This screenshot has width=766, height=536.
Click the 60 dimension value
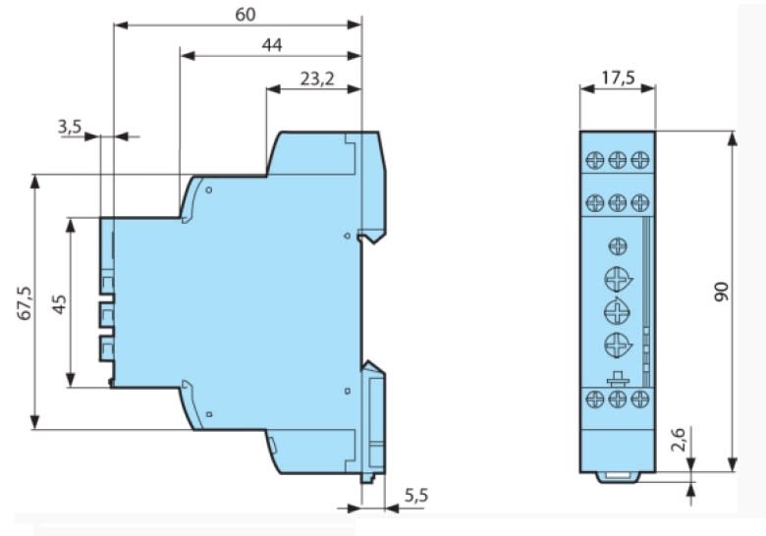click(x=246, y=15)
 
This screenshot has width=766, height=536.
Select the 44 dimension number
click(x=272, y=45)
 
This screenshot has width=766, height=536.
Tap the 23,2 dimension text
click(x=317, y=79)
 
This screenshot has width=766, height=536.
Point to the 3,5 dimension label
click(x=70, y=127)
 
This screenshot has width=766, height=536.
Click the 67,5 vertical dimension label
click(x=25, y=302)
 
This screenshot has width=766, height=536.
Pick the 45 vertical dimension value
click(x=60, y=304)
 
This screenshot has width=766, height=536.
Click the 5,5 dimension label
click(x=416, y=496)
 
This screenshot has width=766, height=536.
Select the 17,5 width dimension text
click(x=618, y=78)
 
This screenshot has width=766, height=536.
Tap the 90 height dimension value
click(x=722, y=292)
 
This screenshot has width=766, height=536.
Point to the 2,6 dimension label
click(x=679, y=439)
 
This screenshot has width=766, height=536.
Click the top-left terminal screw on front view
click(x=595, y=160)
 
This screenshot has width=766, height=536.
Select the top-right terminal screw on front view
click(x=640, y=160)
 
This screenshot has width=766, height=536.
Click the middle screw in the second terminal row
click(x=618, y=202)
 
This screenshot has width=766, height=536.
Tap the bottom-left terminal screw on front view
click(x=595, y=399)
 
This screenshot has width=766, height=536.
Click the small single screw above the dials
click(x=618, y=246)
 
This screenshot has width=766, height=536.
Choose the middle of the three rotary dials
click(x=617, y=310)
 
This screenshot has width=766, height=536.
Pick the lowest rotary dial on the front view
click(x=618, y=346)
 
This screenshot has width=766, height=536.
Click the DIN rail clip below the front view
click(x=618, y=477)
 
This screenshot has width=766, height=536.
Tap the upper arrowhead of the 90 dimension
click(x=732, y=138)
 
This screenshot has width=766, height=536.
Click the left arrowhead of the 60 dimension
click(x=121, y=25)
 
